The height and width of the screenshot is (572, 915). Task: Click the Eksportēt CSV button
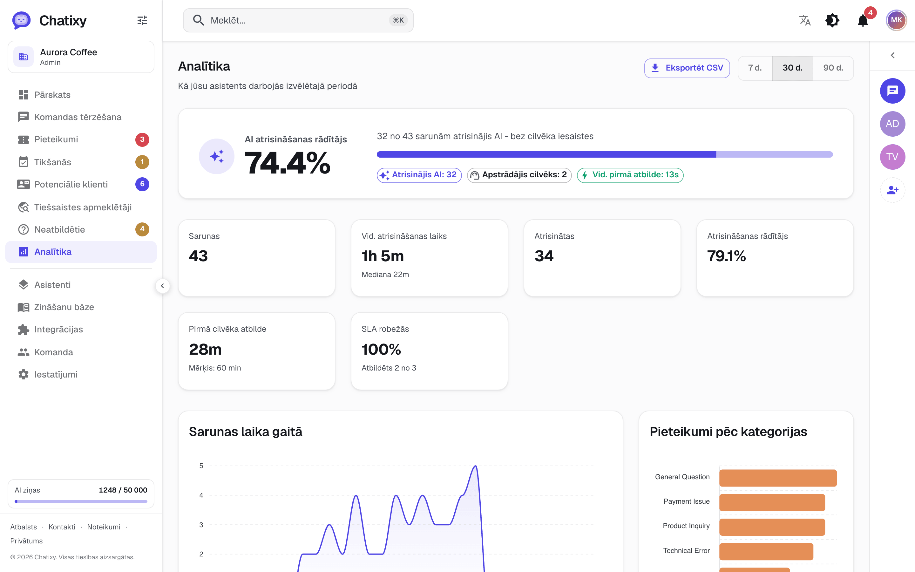(687, 68)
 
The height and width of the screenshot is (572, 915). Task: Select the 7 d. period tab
(755, 68)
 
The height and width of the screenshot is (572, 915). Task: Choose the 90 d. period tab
(833, 68)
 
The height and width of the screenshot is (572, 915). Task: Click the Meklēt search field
(298, 20)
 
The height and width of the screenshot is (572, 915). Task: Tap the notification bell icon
(863, 20)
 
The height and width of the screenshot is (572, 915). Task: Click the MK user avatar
(896, 20)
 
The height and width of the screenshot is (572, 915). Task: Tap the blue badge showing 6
(142, 184)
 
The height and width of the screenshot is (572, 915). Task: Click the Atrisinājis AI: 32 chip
(419, 175)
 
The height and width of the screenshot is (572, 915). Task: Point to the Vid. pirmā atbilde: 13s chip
(630, 175)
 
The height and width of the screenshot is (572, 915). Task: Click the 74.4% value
(287, 163)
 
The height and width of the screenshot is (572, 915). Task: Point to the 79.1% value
(726, 256)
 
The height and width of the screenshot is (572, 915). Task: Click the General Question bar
(778, 478)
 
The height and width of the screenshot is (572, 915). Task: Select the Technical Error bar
(766, 552)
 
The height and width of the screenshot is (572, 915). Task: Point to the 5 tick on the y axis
(201, 466)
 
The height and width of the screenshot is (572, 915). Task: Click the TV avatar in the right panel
(892, 157)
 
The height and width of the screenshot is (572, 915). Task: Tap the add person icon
(892, 190)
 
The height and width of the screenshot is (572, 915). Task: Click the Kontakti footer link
(62, 527)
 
